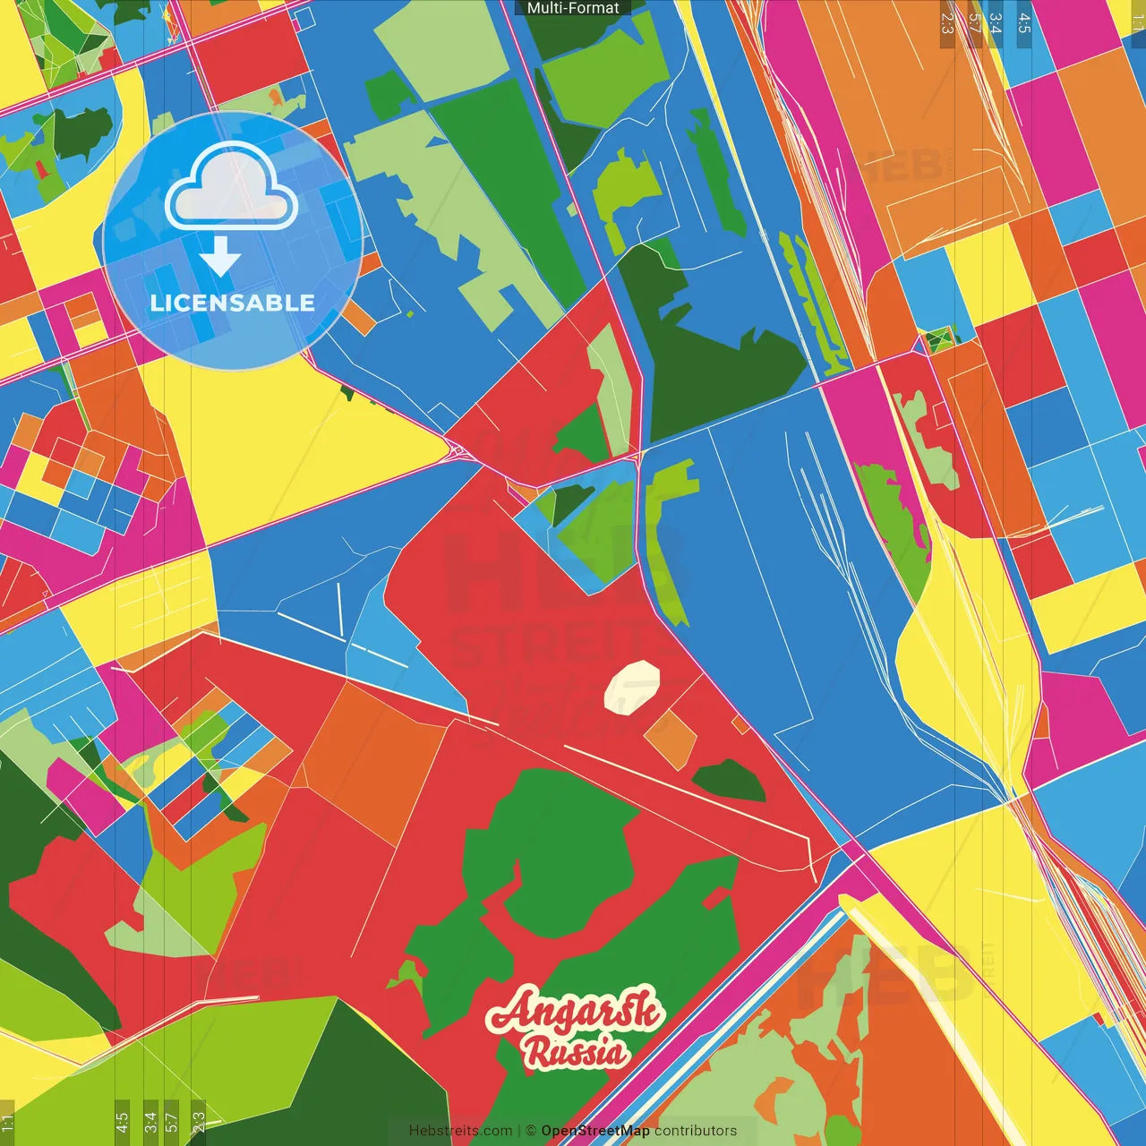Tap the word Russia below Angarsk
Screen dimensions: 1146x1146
pyautogui.click(x=577, y=1051)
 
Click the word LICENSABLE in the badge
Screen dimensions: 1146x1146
pyautogui.click(x=233, y=303)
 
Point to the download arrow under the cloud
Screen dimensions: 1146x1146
pyautogui.click(x=220, y=257)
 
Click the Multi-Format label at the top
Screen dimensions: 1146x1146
pyautogui.click(x=573, y=8)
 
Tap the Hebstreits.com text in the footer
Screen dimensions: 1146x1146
pyautogui.click(x=460, y=1131)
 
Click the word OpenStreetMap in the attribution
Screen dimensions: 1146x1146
pyautogui.click(x=595, y=1131)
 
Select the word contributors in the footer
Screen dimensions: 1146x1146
pyautogui.click(x=696, y=1131)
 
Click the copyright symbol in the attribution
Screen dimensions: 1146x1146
pyautogui.click(x=530, y=1131)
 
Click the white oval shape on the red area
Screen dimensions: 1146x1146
pyautogui.click(x=632, y=687)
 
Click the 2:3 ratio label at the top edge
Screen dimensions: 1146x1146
pyautogui.click(x=947, y=23)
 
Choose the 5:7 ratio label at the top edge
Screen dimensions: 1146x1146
pyautogui.click(x=974, y=23)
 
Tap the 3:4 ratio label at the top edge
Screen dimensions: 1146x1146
pyautogui.click(x=996, y=23)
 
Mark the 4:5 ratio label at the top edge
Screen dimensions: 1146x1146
pyautogui.click(x=1023, y=23)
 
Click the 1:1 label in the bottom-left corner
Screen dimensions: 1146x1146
pyautogui.click(x=7, y=1123)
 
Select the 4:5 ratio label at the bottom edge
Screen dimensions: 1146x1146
pyautogui.click(x=122, y=1123)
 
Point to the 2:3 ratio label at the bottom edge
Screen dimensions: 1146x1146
pyautogui.click(x=199, y=1123)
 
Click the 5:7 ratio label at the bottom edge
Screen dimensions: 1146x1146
pyautogui.click(x=172, y=1123)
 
